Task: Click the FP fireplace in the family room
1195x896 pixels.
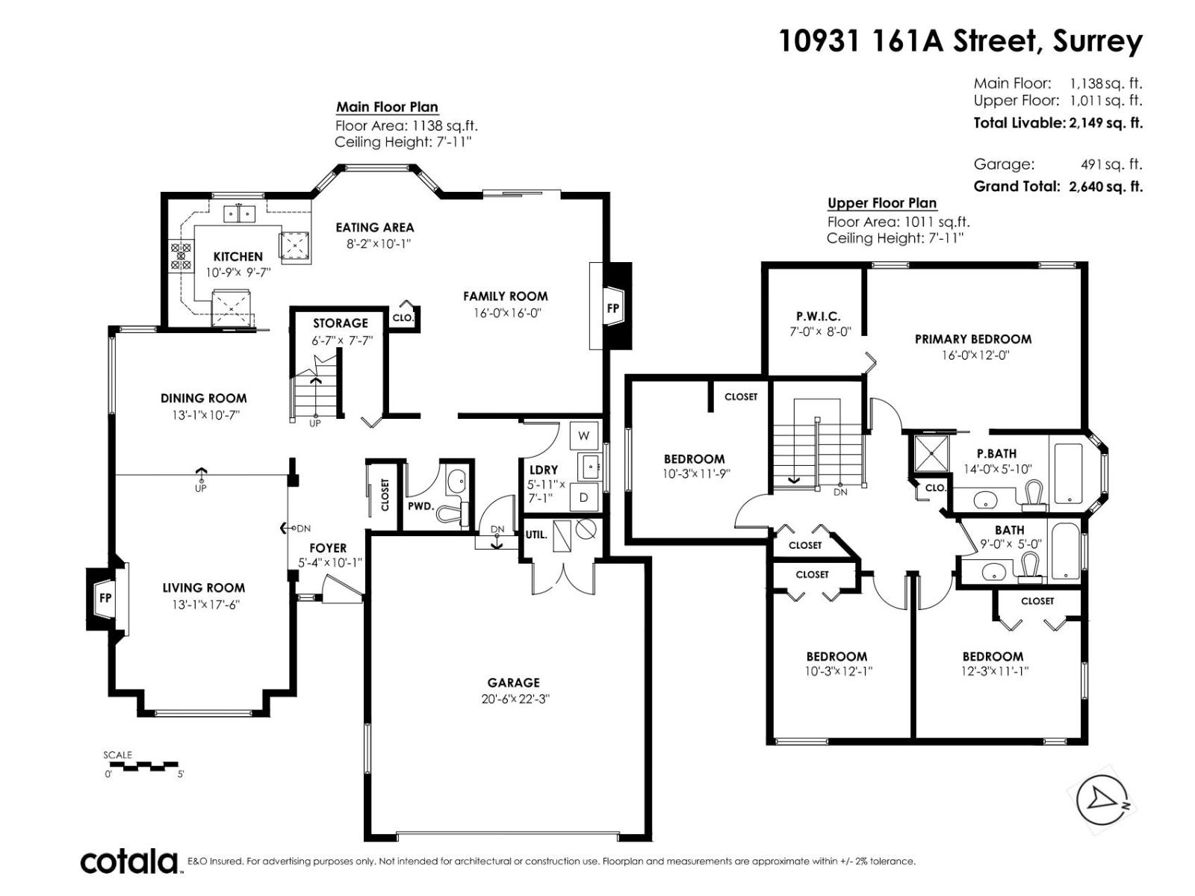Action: click(x=612, y=307)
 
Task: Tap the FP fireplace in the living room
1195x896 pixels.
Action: click(x=106, y=597)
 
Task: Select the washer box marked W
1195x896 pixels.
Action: click(x=583, y=435)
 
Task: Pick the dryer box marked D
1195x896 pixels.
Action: click(x=583, y=497)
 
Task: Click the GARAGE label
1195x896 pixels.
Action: click(x=513, y=682)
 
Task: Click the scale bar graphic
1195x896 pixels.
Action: click(x=142, y=765)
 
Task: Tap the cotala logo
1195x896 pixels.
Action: click(x=129, y=862)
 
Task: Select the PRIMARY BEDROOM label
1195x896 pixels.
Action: click(x=973, y=339)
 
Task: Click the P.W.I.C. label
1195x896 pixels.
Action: click(x=818, y=317)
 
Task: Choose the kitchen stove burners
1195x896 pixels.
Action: click(x=181, y=256)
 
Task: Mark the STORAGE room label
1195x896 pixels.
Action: click(x=340, y=323)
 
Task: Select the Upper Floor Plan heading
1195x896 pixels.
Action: click(x=881, y=203)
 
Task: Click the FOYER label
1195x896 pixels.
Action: click(x=328, y=548)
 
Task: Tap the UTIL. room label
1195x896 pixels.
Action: click(x=536, y=535)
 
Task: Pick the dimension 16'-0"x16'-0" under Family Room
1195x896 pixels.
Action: click(x=506, y=313)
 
